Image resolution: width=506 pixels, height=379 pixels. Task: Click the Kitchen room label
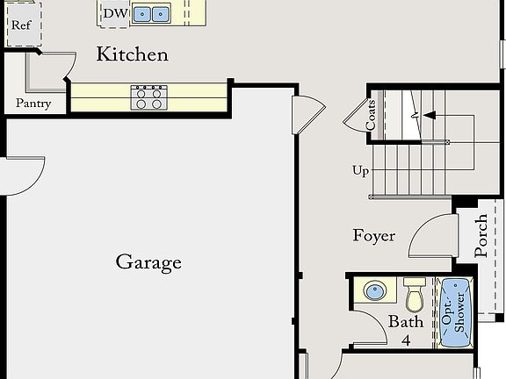coord(132,54)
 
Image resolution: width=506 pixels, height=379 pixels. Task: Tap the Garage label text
coord(148,261)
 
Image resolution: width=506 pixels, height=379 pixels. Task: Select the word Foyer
coord(374,235)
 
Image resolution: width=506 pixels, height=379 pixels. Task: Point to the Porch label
coord(481,235)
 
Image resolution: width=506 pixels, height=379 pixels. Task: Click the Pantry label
coord(33,104)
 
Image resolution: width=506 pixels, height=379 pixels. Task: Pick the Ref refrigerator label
coord(21,25)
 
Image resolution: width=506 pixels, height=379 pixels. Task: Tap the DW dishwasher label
coord(114,13)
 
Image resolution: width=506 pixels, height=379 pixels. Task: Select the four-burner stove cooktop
coord(149,97)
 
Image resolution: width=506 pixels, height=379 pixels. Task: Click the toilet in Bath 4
coord(415,295)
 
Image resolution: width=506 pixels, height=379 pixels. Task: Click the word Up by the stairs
coord(360,170)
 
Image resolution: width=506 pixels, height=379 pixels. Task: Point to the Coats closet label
coord(372,114)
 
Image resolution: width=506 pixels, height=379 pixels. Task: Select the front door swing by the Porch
coord(430,235)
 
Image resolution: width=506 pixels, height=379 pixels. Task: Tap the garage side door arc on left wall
coord(25,175)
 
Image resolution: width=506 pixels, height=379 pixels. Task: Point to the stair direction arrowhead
coord(428,115)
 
